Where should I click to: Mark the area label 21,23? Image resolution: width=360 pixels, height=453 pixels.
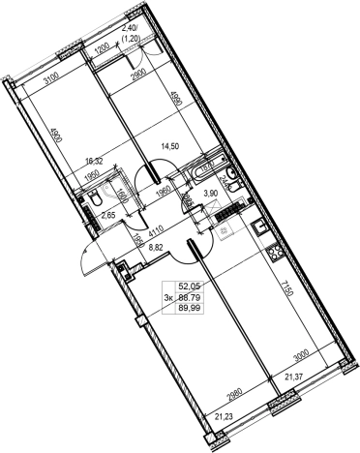coord(225,417)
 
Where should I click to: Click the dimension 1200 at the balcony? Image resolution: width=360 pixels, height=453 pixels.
coord(101,47)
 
